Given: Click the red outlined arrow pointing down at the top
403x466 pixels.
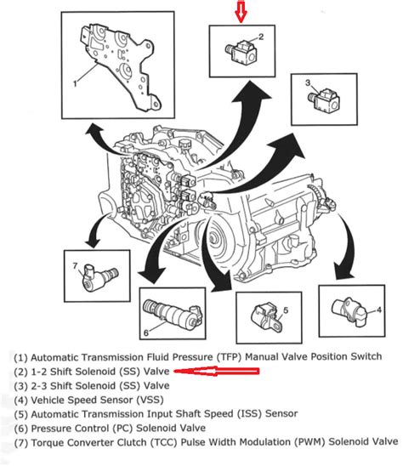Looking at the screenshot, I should point(241,13).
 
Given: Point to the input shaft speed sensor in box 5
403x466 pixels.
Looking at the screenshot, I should point(261,321).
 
